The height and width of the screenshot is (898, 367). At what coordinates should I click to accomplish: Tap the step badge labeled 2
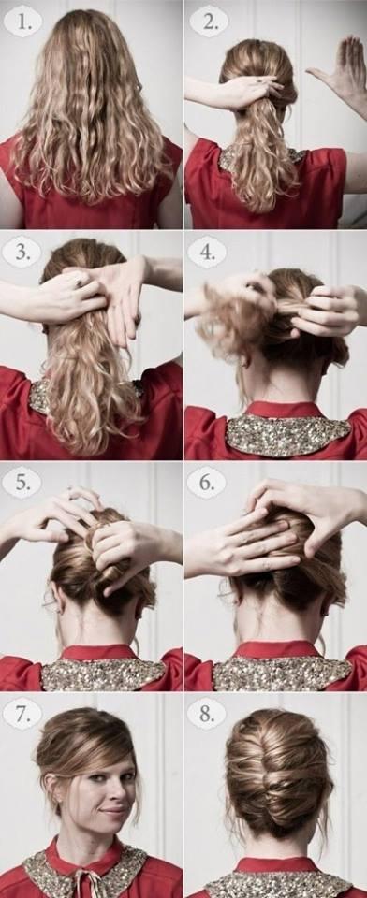[x=208, y=22]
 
